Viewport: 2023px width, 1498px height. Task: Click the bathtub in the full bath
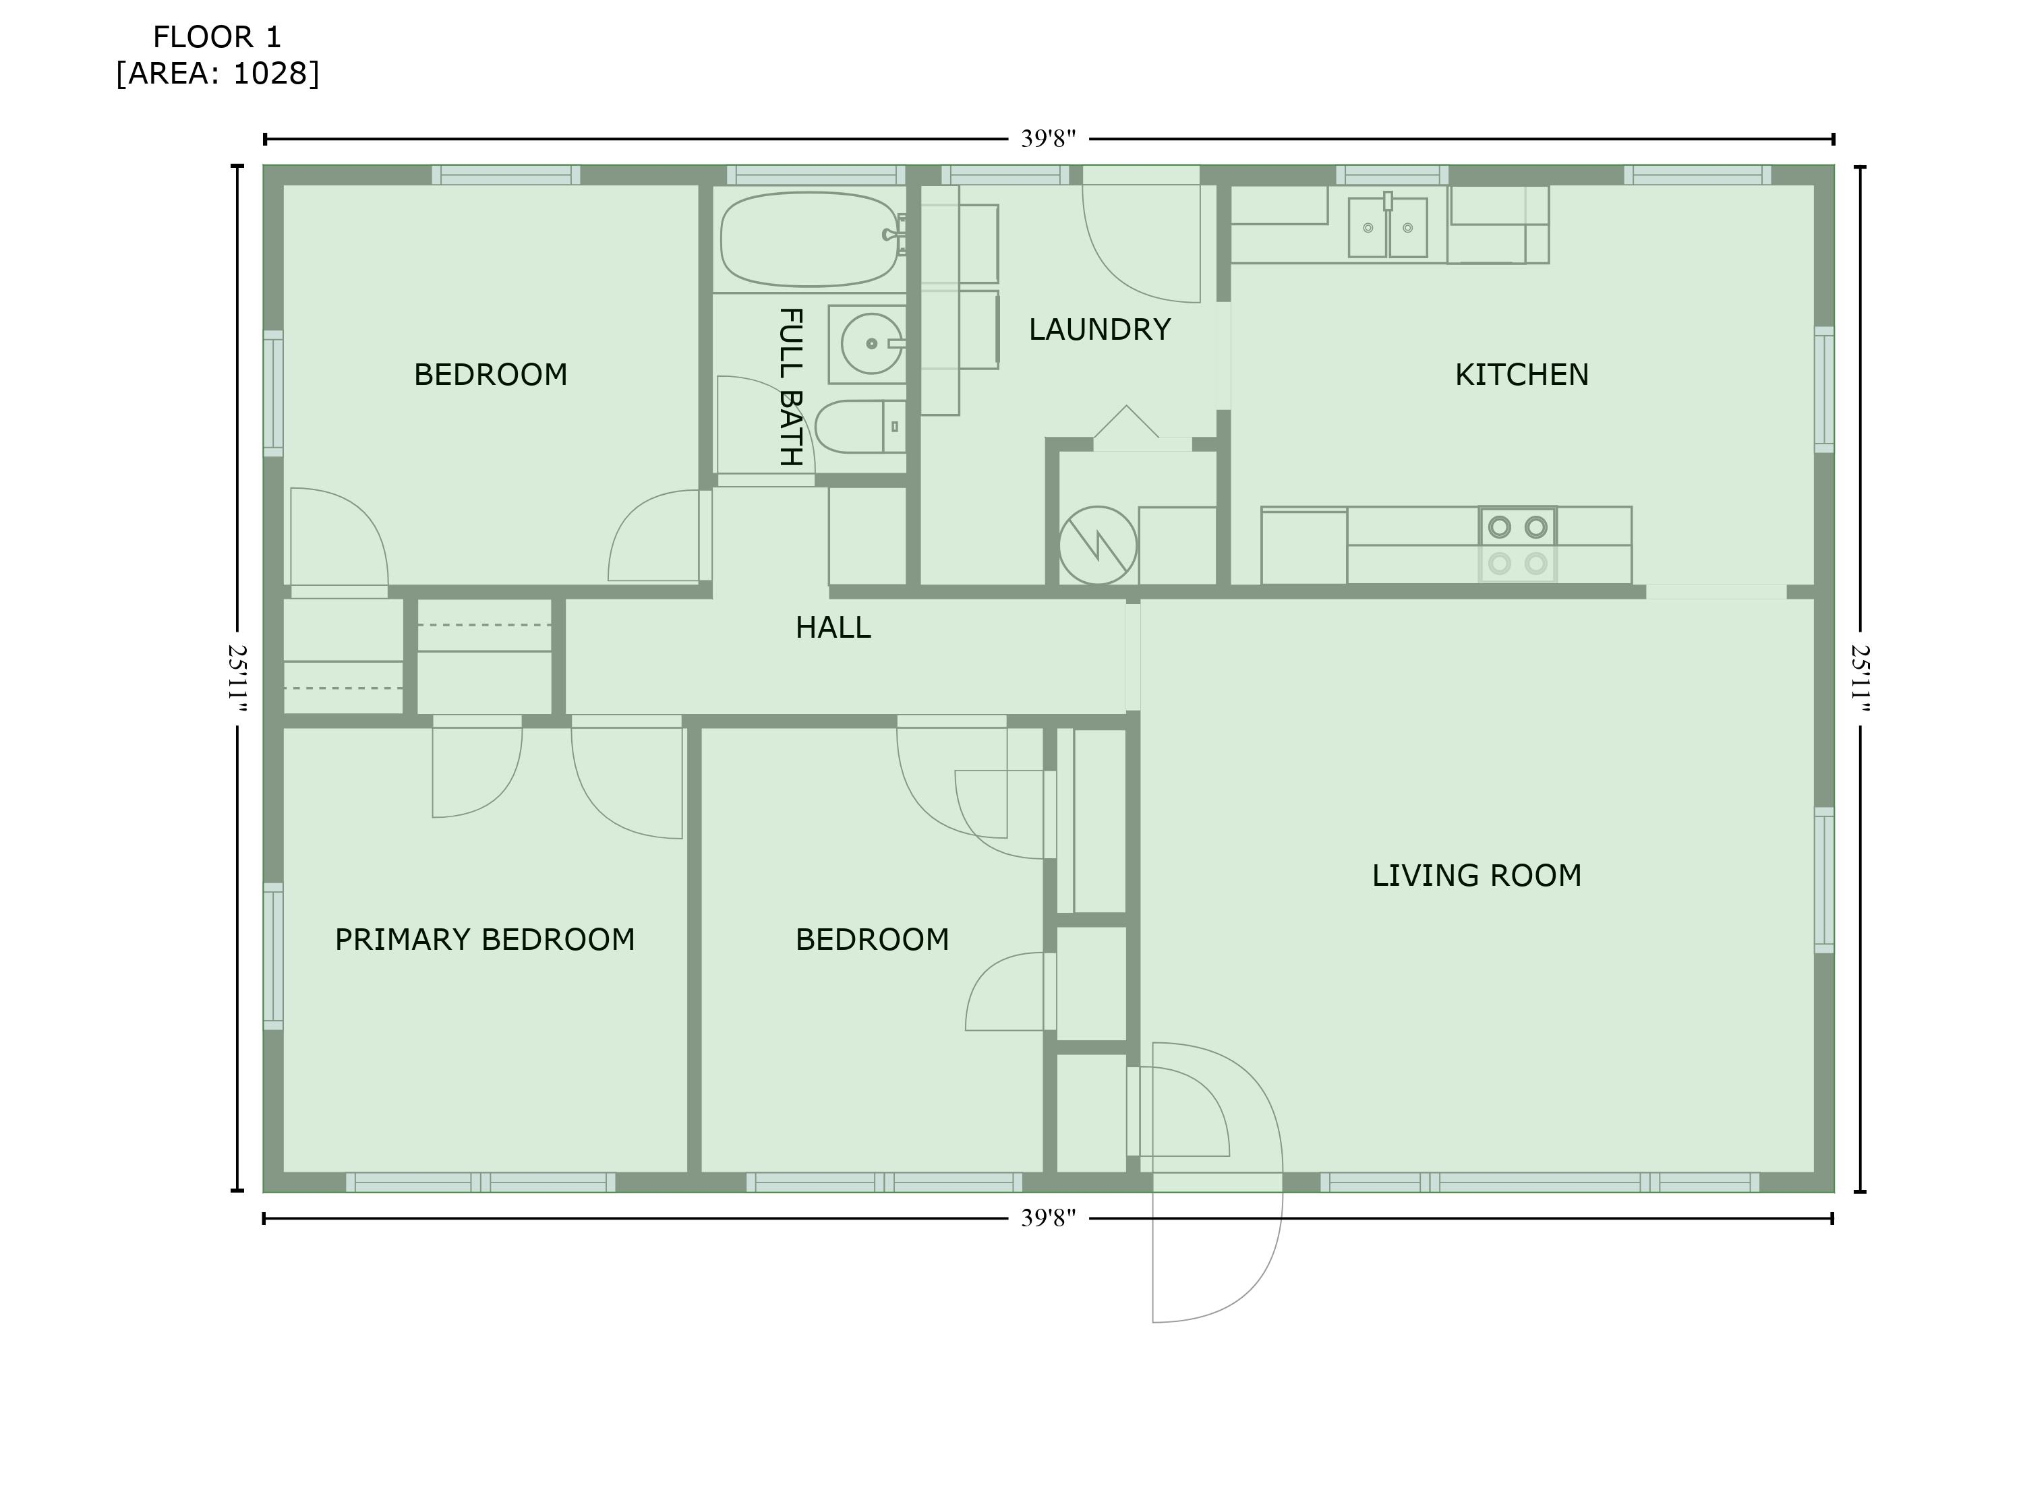point(809,239)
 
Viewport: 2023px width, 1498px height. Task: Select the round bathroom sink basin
point(871,344)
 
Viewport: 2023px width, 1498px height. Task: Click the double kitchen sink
point(1387,228)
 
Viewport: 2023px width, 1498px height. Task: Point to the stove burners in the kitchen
point(1517,545)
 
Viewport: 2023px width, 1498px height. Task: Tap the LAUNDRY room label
point(1099,329)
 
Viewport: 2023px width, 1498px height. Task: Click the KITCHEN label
point(1521,375)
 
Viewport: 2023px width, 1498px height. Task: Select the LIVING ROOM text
point(1475,875)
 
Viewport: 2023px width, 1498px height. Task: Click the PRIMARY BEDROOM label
point(484,938)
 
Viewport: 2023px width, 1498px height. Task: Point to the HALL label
point(832,628)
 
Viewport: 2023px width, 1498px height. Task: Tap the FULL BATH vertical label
point(791,387)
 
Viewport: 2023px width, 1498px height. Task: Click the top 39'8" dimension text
point(1047,139)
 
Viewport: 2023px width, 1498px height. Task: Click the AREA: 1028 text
point(218,73)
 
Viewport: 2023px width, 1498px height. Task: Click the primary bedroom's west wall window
point(273,956)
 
